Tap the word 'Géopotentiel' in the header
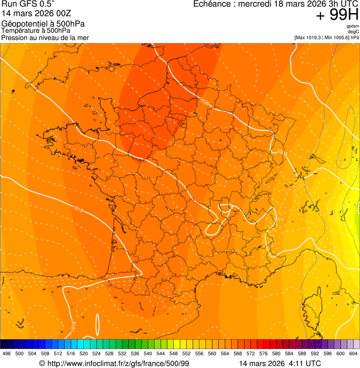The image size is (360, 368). point(21,24)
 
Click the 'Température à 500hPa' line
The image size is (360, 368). point(36,30)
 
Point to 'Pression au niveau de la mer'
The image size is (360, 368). point(45,37)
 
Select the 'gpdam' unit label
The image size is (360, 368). point(353,26)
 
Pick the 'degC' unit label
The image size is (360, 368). point(354,31)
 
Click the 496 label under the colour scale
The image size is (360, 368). point(7,353)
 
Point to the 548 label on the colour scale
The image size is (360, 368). point(173,353)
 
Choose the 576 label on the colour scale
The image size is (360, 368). point(263,353)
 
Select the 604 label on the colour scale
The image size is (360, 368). point(353,353)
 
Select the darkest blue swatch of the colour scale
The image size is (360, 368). point(4,344)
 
